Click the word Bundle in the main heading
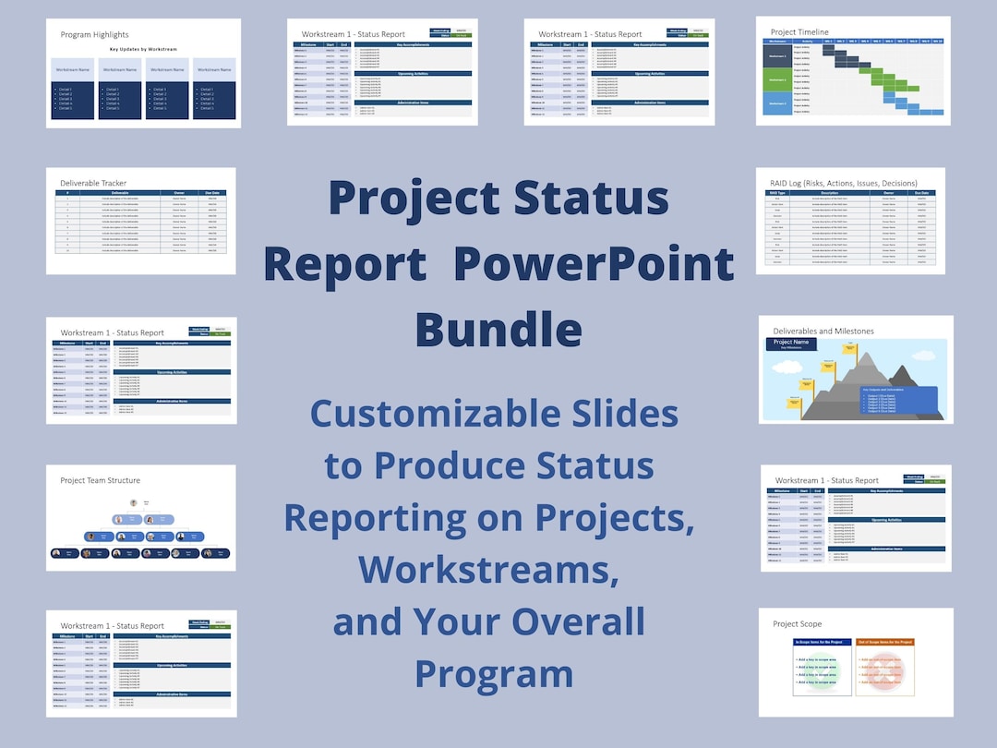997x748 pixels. [x=498, y=330]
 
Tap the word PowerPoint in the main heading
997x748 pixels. [x=595, y=265]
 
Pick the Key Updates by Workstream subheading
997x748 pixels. [x=143, y=48]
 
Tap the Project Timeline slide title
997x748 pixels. [x=799, y=32]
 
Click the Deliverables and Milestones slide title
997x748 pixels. [x=822, y=331]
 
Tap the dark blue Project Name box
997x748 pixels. [x=790, y=344]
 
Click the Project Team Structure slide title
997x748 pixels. [x=101, y=480]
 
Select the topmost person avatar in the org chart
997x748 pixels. [x=135, y=503]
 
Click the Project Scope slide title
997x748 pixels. [x=798, y=624]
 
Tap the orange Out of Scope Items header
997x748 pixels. [x=884, y=642]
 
